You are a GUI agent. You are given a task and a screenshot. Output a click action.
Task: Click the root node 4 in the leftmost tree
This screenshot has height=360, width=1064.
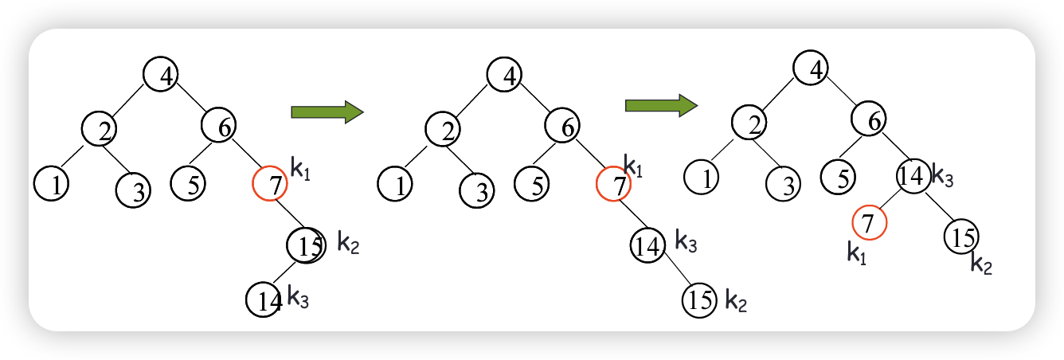161,74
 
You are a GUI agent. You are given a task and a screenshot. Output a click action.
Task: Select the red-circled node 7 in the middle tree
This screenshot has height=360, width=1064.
613,185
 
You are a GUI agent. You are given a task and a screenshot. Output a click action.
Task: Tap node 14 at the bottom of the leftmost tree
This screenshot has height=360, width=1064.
264,299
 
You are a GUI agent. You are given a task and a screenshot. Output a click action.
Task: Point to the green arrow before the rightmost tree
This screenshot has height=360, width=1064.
661,105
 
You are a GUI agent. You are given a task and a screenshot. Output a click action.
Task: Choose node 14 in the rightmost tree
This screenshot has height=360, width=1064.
913,176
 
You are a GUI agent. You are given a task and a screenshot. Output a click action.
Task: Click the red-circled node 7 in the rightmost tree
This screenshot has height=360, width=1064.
869,221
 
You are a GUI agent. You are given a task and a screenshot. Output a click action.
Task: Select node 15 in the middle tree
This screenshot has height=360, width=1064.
699,300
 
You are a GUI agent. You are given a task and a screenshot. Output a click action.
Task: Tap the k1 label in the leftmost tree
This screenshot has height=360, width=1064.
300,170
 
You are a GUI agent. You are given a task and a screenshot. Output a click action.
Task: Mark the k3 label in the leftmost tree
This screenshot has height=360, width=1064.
298,299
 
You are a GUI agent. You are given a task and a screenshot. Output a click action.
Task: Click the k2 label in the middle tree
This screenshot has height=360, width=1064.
736,301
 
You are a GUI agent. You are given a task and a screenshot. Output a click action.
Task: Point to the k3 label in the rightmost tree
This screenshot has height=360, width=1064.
942,177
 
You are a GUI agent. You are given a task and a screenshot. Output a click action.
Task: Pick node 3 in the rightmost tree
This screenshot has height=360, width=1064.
784,185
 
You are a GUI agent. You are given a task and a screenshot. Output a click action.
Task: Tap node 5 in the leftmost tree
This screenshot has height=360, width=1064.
188,183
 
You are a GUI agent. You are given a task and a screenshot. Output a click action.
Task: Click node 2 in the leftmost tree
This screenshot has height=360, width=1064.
99,129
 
